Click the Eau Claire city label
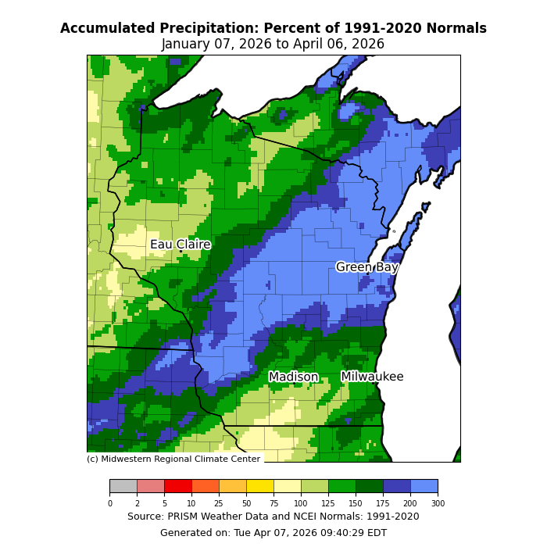click(181, 245)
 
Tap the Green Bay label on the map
click(367, 267)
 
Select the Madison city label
click(294, 377)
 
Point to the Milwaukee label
click(372, 377)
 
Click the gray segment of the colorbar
click(123, 486)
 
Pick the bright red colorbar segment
click(177, 486)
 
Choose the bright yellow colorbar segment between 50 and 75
click(259, 486)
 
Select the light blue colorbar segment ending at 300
click(424, 486)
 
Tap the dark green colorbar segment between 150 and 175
click(369, 486)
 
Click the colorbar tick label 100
click(301, 503)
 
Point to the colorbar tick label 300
click(438, 503)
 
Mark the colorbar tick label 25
click(219, 503)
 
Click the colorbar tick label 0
click(109, 503)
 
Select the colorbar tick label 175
click(383, 503)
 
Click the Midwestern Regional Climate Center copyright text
click(173, 459)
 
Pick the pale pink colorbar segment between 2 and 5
click(150, 486)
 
